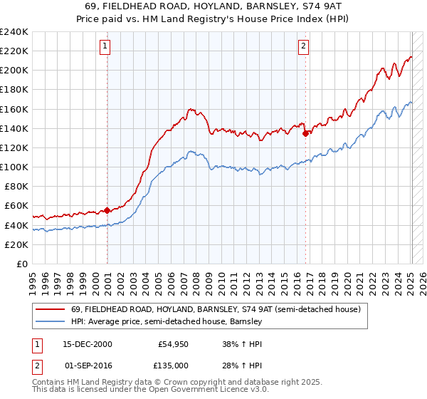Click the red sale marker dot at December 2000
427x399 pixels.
click(x=107, y=210)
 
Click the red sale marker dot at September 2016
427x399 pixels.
click(x=305, y=133)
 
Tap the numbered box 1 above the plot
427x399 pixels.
click(x=105, y=47)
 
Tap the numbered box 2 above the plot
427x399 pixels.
click(x=303, y=47)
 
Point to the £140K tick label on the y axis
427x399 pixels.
click(x=14, y=128)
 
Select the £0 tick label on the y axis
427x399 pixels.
click(x=22, y=264)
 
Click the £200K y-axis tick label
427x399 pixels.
click(x=14, y=71)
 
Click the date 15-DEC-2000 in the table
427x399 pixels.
click(x=85, y=343)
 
